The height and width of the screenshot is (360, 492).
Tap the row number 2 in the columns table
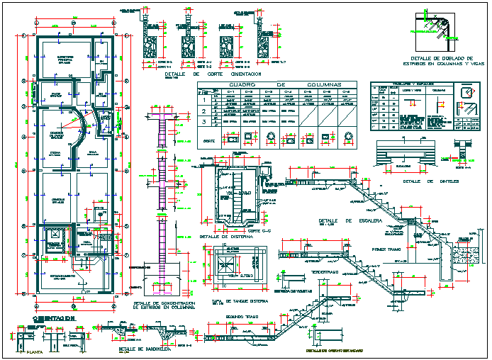point(204,111)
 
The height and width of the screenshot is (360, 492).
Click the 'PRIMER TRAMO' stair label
point(387,250)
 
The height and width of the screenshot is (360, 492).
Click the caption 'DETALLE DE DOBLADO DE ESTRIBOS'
point(446,61)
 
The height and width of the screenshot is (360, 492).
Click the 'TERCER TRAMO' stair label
point(323,271)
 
